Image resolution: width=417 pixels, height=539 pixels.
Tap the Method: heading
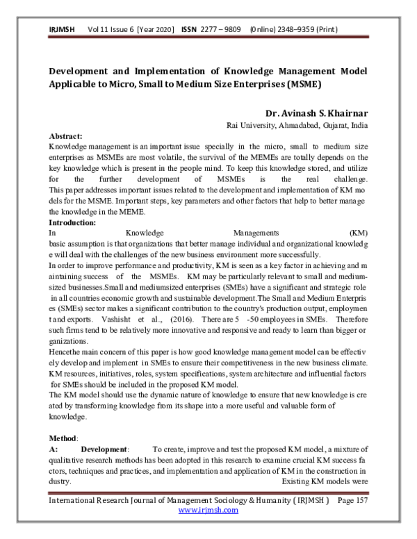[x=64, y=439]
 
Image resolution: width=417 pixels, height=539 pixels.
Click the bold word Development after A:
[x=105, y=451]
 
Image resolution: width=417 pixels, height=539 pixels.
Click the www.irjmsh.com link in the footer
[x=208, y=510]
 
